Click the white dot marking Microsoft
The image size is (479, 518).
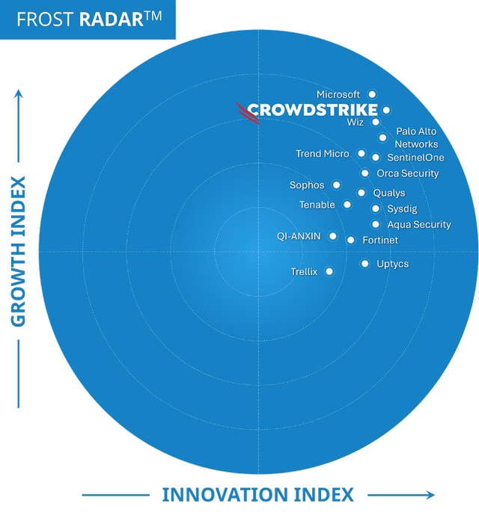pyautogui.click(x=372, y=95)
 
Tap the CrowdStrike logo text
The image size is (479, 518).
pyautogui.click(x=312, y=111)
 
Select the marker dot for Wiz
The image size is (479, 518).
pyautogui.click(x=375, y=122)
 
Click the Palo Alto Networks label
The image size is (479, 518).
pyautogui.click(x=416, y=138)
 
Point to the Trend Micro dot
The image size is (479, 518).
pyautogui.click(x=361, y=154)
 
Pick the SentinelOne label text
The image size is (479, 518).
pyautogui.click(x=415, y=158)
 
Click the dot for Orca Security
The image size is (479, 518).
pyautogui.click(x=364, y=173)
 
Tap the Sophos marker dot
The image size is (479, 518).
pyautogui.click(x=336, y=185)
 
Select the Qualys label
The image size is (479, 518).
pyautogui.click(x=388, y=193)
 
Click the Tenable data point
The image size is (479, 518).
pyautogui.click(x=347, y=205)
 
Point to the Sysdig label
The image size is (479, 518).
pyautogui.click(x=402, y=209)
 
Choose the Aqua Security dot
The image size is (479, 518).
pyautogui.click(x=375, y=224)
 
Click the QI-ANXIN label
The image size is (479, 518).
pyautogui.click(x=299, y=236)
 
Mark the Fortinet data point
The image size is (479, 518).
pyautogui.click(x=350, y=240)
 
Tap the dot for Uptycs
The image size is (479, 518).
pyautogui.click(x=364, y=264)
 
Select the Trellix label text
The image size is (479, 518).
pyautogui.click(x=304, y=272)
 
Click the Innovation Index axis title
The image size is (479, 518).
pyautogui.click(x=258, y=495)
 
